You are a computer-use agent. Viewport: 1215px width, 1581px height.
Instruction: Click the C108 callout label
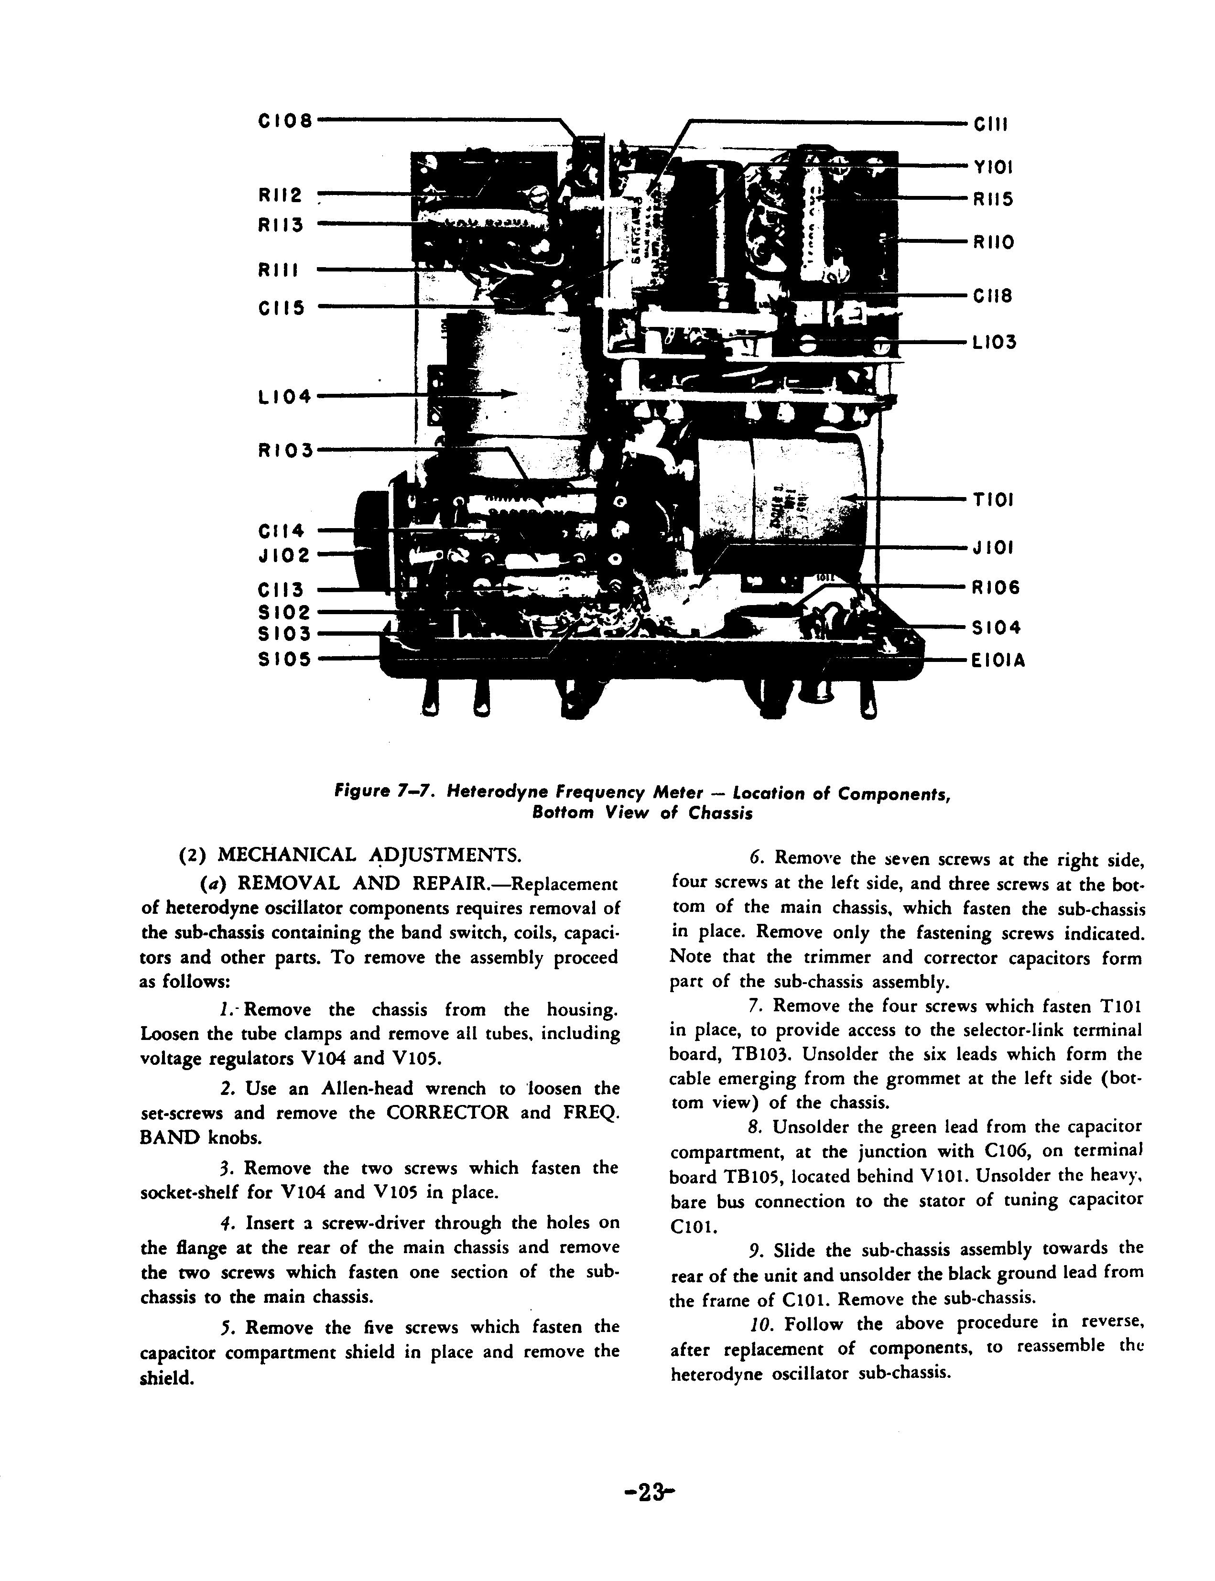coord(285,121)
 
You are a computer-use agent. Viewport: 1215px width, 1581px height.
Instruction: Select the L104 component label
coord(285,397)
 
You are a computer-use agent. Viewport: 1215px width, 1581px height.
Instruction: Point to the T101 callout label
coord(993,500)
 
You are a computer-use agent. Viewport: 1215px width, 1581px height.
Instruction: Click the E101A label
coord(999,661)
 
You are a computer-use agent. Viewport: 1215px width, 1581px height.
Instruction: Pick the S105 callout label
coord(285,660)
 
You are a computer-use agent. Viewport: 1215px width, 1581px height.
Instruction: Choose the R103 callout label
coord(285,451)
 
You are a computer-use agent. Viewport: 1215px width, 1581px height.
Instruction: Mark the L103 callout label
coord(995,342)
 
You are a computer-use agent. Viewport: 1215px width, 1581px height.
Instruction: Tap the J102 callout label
coord(285,555)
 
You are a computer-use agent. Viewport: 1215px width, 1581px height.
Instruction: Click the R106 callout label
coord(995,587)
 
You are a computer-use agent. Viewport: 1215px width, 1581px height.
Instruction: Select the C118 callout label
coord(993,296)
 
